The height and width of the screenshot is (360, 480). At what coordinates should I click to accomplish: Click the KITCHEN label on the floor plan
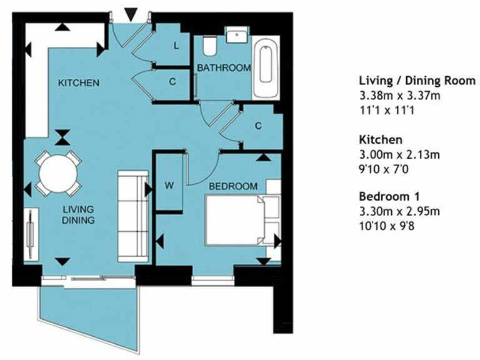(79, 83)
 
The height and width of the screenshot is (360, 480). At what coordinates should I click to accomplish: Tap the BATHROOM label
(224, 67)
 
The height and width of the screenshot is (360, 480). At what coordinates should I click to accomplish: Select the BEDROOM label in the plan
(232, 186)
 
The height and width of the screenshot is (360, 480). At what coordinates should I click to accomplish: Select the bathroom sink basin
(237, 36)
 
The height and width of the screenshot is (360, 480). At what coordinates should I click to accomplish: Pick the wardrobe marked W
(169, 186)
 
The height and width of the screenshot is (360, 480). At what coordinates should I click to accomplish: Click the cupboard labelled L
(176, 46)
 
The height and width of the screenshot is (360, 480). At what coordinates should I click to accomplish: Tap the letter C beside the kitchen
(172, 82)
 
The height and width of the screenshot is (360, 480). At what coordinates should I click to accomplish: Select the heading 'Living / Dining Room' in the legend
(417, 81)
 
